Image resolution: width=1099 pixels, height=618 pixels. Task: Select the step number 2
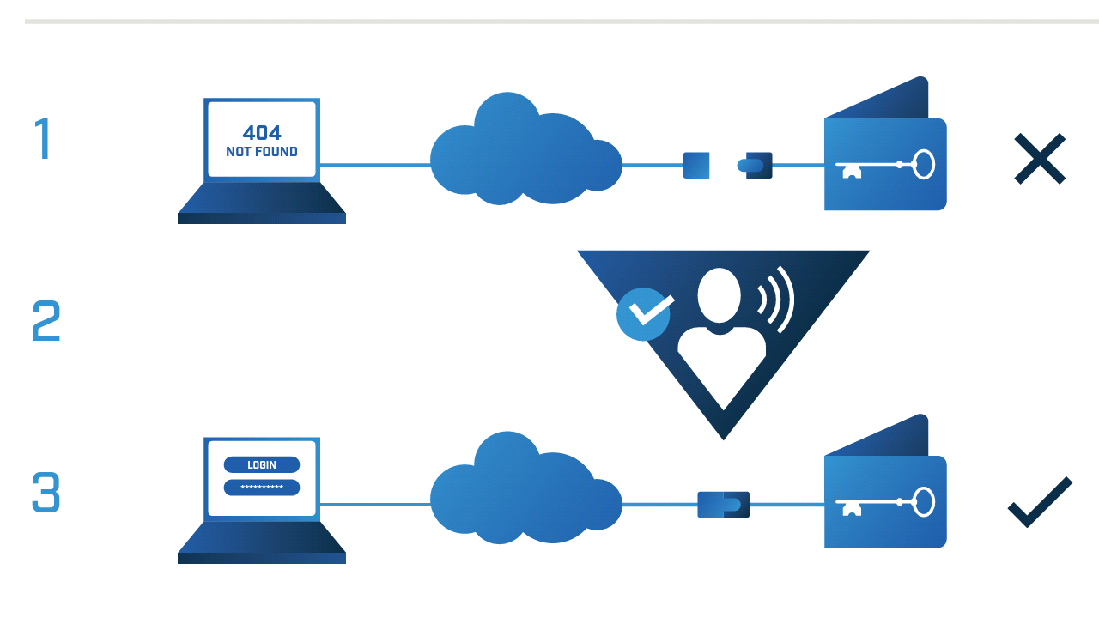[x=46, y=320]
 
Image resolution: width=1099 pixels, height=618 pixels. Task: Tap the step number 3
[x=46, y=492]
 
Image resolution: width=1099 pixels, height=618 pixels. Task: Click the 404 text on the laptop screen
[x=262, y=133]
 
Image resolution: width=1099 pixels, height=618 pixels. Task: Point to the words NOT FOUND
[x=262, y=152]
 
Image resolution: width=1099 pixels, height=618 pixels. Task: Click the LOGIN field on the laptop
[x=262, y=464]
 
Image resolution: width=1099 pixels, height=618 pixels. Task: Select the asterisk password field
[x=262, y=488]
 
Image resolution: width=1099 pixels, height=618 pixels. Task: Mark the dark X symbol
[x=1039, y=159]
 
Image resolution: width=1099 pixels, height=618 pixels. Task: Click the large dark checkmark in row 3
[x=1039, y=502]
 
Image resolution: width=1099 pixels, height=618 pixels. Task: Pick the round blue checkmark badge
[x=644, y=313]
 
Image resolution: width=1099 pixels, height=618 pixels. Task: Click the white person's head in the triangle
[x=720, y=294]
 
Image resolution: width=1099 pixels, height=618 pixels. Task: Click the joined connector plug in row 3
[x=723, y=504]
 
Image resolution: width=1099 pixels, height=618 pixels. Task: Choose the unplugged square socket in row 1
[x=696, y=165]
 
